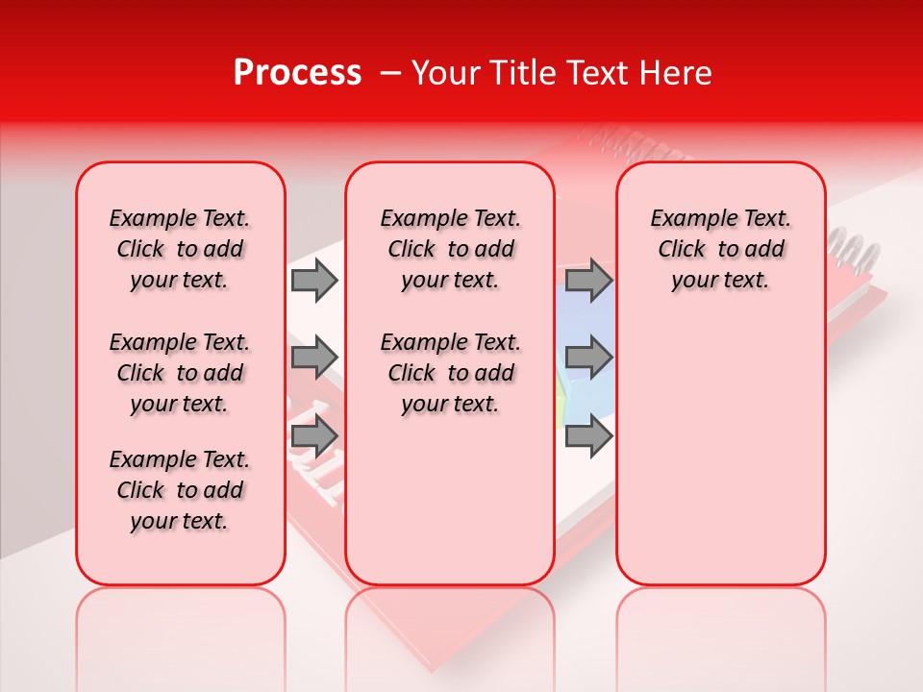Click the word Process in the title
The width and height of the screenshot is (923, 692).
(x=297, y=73)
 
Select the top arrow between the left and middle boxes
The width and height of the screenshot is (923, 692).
(x=314, y=280)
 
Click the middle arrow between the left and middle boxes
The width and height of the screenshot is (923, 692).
(x=314, y=357)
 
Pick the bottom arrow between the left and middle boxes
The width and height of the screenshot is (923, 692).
(x=314, y=436)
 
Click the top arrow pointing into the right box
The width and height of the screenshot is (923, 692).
(x=588, y=280)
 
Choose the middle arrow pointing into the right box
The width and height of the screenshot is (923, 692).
(x=588, y=357)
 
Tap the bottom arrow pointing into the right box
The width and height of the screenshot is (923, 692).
(x=588, y=436)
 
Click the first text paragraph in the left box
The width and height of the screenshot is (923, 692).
(x=180, y=249)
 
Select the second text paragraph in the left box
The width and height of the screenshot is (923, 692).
(x=180, y=373)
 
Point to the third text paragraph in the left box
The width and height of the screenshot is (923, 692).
(x=180, y=490)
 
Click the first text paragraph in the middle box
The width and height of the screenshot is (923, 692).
(x=450, y=249)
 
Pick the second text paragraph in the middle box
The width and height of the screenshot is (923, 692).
(x=450, y=373)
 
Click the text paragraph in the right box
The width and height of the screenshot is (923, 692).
(x=720, y=249)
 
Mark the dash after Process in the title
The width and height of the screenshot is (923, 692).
(x=389, y=73)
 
